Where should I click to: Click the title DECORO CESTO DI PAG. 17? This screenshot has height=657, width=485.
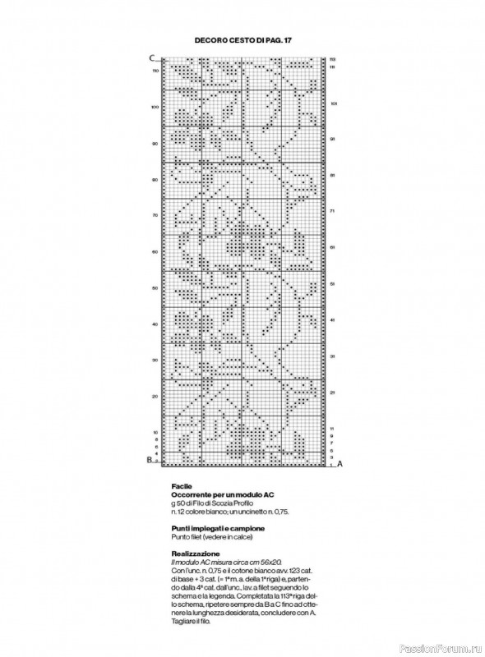coord(242,39)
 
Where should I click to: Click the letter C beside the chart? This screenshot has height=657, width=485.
coord(152,57)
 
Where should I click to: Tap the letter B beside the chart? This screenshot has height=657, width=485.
coord(150,460)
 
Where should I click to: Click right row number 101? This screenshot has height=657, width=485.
coord(334,103)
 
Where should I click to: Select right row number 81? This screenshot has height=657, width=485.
coord(334,175)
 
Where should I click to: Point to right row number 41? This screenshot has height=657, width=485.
coord(334,319)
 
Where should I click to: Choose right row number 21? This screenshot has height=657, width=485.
coord(334,392)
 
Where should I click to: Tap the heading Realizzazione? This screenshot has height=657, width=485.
coord(194,554)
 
